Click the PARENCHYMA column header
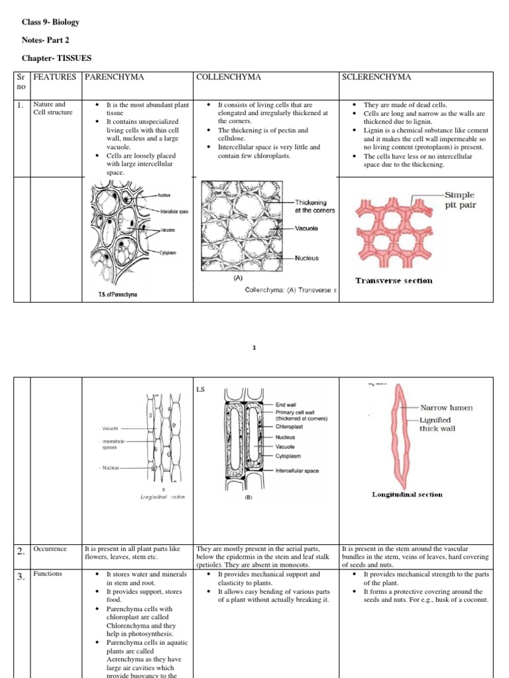point(114,77)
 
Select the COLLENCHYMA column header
point(229,77)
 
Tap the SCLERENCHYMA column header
point(376,77)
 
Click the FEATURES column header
point(55,77)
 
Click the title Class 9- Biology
point(50,23)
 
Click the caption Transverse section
point(394,280)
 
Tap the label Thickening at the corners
point(315,207)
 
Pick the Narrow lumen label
point(446,408)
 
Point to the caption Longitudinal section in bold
point(407,494)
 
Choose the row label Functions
point(48,573)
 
